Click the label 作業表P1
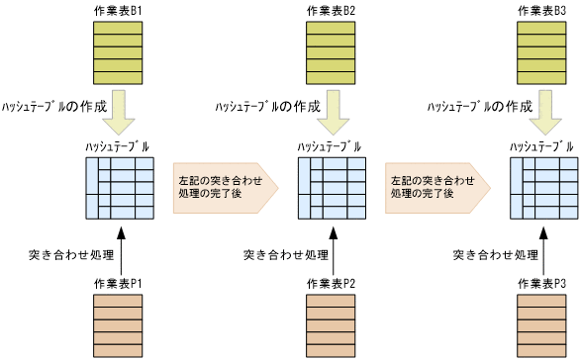[119, 283]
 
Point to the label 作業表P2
[332, 283]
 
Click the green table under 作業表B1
[119, 52]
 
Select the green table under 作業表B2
[332, 52]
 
